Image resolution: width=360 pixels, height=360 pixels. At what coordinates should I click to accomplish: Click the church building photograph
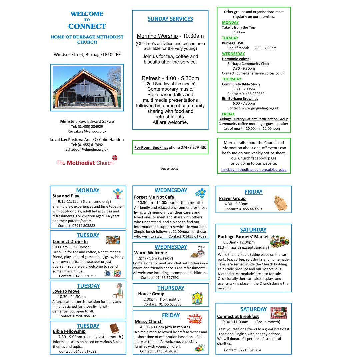coord(87,87)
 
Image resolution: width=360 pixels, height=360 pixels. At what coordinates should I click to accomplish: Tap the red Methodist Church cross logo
coord(115,158)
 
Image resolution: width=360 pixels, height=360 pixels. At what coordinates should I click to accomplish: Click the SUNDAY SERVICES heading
coord(170,19)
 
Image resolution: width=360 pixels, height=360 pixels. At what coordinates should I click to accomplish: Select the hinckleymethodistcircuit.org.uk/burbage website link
coord(254,170)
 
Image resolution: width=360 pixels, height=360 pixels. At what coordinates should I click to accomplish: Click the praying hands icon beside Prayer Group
coord(281,203)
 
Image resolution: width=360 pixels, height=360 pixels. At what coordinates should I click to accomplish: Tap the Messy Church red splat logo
coord(195,319)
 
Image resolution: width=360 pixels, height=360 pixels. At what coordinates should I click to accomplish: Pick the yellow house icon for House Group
coord(197,298)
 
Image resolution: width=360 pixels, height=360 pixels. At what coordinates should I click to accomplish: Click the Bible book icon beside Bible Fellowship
coord(114,329)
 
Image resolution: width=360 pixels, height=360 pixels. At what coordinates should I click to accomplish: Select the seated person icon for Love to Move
coord(118,290)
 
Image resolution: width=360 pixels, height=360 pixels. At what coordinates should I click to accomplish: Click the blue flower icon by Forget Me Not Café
coord(201,193)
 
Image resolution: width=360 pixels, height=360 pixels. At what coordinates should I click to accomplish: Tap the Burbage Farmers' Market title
coord(243,237)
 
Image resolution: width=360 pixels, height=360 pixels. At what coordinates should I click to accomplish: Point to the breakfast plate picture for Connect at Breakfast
coord(278,313)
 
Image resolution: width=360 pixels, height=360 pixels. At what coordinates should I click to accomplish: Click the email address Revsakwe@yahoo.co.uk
coord(87,131)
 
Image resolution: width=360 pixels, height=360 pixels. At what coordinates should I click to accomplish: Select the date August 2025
coord(170,169)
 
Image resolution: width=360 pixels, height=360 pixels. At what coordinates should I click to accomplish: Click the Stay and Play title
coord(66,196)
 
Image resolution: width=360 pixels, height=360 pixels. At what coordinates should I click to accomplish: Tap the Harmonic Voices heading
coord(235,59)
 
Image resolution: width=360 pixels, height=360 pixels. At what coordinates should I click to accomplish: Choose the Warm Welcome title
coord(150,253)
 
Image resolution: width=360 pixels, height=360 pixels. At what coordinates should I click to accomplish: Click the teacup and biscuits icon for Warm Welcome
coord(198,252)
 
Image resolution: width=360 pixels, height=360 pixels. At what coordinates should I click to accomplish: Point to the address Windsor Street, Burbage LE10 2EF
coord(87,54)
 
